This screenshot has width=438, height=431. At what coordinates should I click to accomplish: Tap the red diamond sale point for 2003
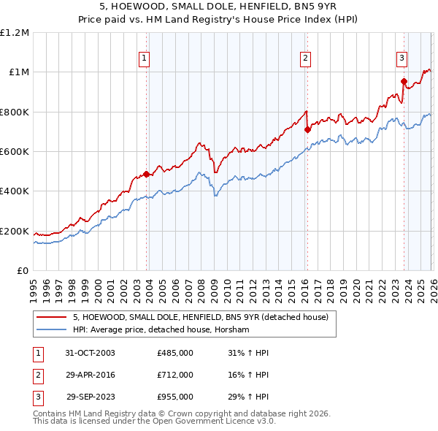147,174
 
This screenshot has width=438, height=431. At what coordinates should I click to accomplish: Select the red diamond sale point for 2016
307,129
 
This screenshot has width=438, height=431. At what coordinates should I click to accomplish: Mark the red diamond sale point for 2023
404,81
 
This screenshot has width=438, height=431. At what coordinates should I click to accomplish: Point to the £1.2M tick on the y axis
15,33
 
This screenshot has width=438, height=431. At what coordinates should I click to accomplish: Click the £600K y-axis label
15,152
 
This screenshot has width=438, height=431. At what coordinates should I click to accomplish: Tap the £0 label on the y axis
22,271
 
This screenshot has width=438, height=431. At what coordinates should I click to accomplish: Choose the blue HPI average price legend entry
161,330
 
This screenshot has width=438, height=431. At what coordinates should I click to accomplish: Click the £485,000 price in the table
174,353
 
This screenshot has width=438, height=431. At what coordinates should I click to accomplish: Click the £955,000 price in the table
174,397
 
